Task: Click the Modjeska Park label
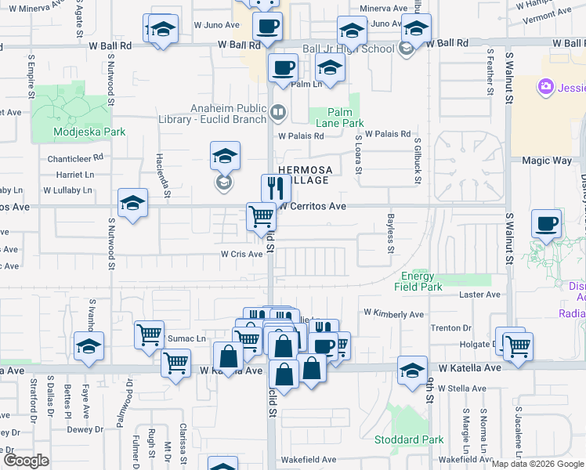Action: click(x=89, y=132)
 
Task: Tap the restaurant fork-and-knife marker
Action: click(x=276, y=188)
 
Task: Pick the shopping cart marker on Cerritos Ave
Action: click(x=261, y=216)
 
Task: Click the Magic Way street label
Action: click(x=546, y=161)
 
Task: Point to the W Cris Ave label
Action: click(x=241, y=254)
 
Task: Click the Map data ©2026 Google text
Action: click(x=537, y=464)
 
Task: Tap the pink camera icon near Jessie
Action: click(x=546, y=86)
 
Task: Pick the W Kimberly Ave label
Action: click(x=393, y=314)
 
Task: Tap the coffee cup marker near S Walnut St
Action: click(x=546, y=224)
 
